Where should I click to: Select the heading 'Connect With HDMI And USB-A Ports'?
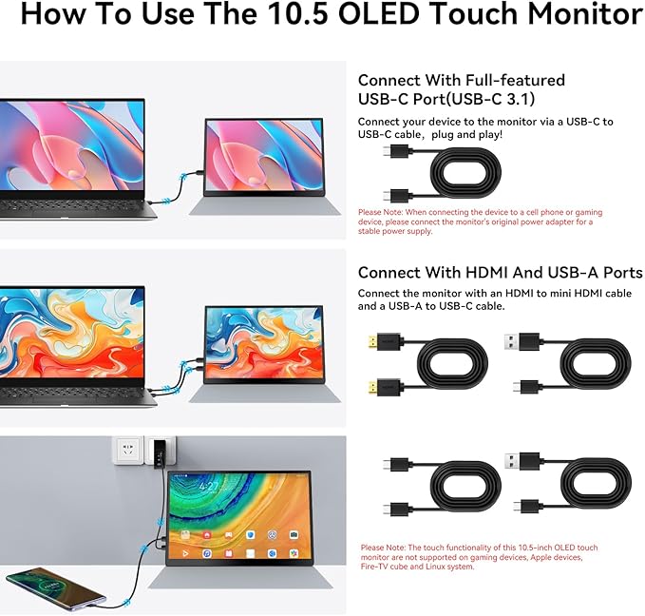(x=500, y=273)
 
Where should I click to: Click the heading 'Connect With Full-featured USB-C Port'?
(x=461, y=89)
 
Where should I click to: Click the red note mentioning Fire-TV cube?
(x=479, y=557)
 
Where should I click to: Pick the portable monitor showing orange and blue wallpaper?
(x=263, y=341)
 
